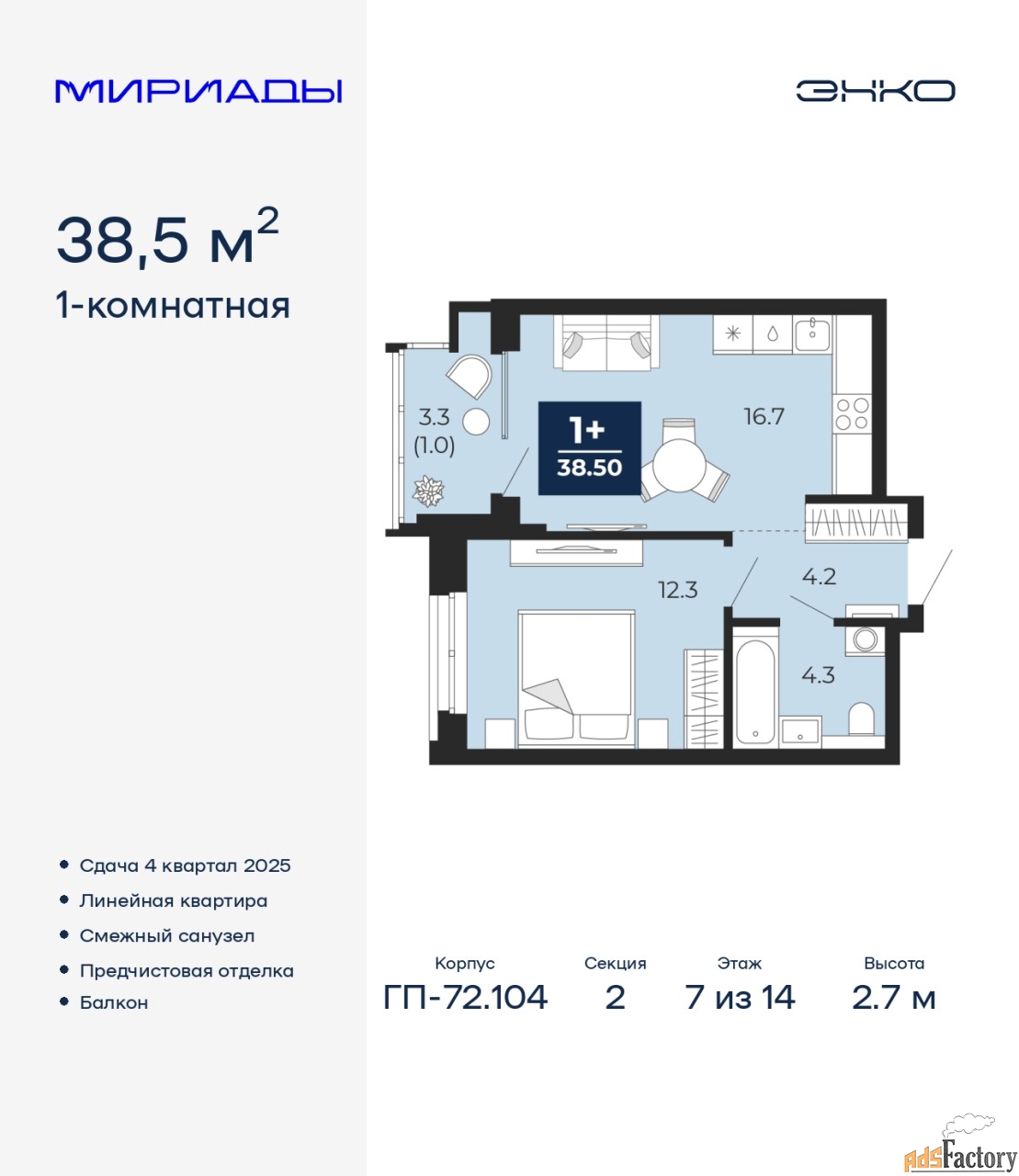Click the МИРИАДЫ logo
click(x=198, y=91)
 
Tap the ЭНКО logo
click(x=875, y=90)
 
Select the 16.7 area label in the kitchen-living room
click(x=764, y=416)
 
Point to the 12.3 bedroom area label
click(x=677, y=590)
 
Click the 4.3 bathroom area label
click(x=818, y=674)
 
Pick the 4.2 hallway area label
click(x=819, y=576)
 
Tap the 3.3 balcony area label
click(x=434, y=418)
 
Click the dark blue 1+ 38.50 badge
click(x=589, y=447)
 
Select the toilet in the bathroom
click(x=861, y=719)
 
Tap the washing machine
click(x=865, y=639)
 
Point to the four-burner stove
click(x=852, y=414)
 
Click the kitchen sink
click(x=812, y=334)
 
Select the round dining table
click(x=679, y=466)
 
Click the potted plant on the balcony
click(x=428, y=491)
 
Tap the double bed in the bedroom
click(x=576, y=679)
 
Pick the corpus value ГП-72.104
click(x=466, y=998)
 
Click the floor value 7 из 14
click(x=740, y=998)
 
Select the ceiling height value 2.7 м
click(x=893, y=998)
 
